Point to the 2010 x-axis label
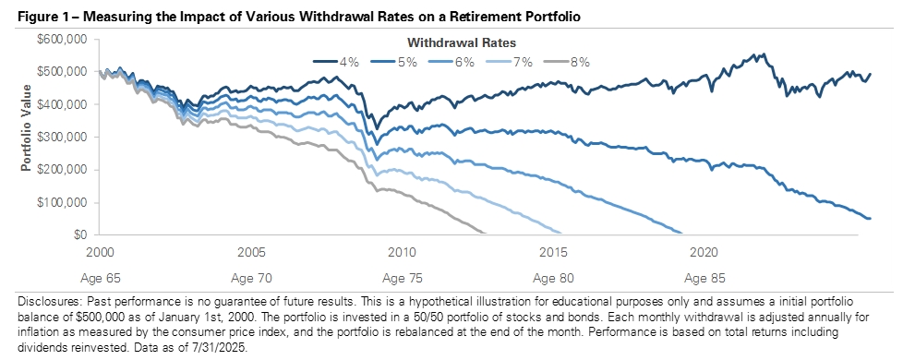400,252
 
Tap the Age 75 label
400,276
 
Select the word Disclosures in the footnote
47,303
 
